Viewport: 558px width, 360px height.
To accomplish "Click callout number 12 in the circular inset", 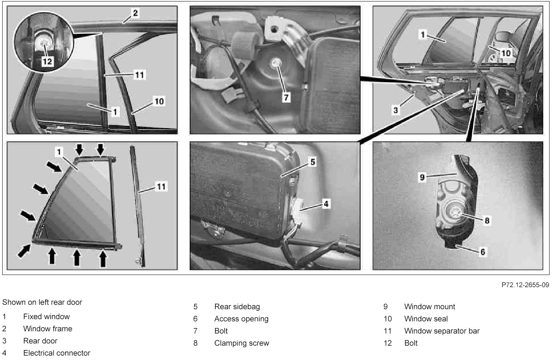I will click(x=47, y=61).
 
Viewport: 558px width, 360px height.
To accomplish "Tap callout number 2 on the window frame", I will click(x=135, y=13).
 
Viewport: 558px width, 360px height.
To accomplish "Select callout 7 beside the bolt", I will click(x=286, y=97).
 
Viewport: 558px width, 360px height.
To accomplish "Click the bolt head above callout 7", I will click(x=275, y=64).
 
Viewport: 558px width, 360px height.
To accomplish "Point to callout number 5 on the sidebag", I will click(x=312, y=162).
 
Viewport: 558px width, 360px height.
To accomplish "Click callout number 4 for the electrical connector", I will click(x=326, y=204).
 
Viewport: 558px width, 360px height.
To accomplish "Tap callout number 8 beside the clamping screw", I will click(x=487, y=220).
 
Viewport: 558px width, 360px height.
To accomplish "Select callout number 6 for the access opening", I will click(x=482, y=252).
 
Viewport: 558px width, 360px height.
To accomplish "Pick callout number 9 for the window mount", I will click(x=422, y=177).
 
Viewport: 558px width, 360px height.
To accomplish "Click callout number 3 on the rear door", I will click(x=396, y=110).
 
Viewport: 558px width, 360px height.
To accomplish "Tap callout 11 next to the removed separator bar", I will click(x=161, y=187).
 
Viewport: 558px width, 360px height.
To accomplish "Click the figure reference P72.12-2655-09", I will click(x=525, y=285).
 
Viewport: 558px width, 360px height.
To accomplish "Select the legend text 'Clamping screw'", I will click(x=242, y=343).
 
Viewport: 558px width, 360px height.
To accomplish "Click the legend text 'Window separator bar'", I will click(x=442, y=331).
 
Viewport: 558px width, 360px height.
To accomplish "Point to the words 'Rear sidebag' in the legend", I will click(x=237, y=307).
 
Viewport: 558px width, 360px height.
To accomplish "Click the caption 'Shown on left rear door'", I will click(x=42, y=302).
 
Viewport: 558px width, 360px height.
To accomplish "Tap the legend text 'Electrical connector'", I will click(x=56, y=353).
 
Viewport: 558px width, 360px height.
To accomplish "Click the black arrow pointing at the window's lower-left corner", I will click(x=24, y=251).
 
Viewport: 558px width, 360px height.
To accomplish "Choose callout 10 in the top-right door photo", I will click(x=506, y=53).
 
